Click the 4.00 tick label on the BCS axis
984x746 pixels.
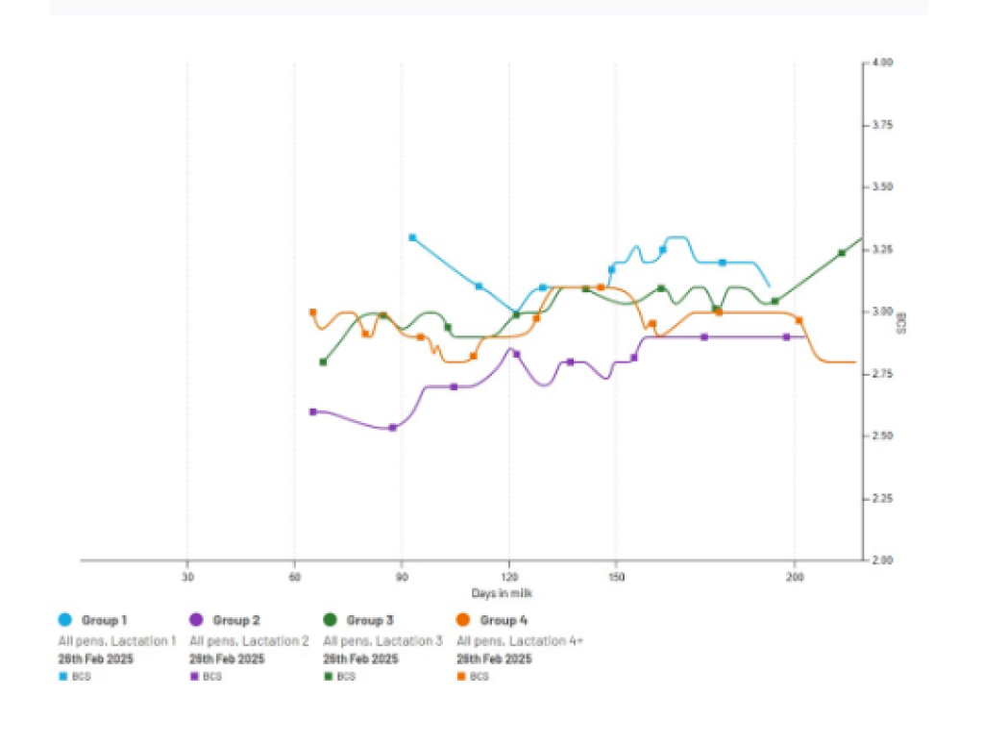(x=882, y=62)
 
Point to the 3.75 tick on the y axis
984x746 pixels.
(x=882, y=125)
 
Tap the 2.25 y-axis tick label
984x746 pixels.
(x=882, y=498)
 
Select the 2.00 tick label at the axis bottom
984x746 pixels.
(x=882, y=560)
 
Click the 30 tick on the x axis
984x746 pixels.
(x=187, y=577)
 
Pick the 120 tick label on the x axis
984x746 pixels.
(x=510, y=577)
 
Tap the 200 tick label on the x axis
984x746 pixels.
(x=795, y=577)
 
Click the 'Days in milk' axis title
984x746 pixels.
(x=497, y=593)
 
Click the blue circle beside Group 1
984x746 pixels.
(x=64, y=620)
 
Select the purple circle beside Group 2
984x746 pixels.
(x=196, y=620)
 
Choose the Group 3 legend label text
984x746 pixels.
(x=371, y=620)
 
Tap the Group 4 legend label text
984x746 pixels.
(x=504, y=620)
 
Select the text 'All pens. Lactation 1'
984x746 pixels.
(x=116, y=640)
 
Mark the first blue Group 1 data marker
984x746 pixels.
(x=412, y=237)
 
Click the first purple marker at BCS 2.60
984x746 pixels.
(x=312, y=411)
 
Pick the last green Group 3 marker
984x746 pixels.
(x=842, y=253)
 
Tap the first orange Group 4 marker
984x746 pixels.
(x=312, y=312)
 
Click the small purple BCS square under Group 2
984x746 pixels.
(x=195, y=677)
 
